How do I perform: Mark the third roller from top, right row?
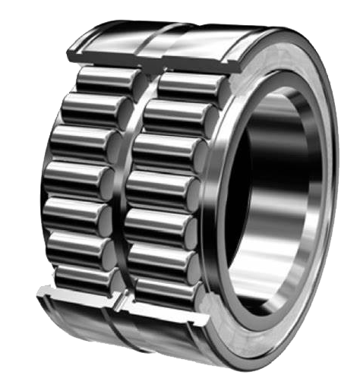pyautogui.click(x=169, y=150)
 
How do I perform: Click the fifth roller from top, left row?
pyautogui.click(x=80, y=216)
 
